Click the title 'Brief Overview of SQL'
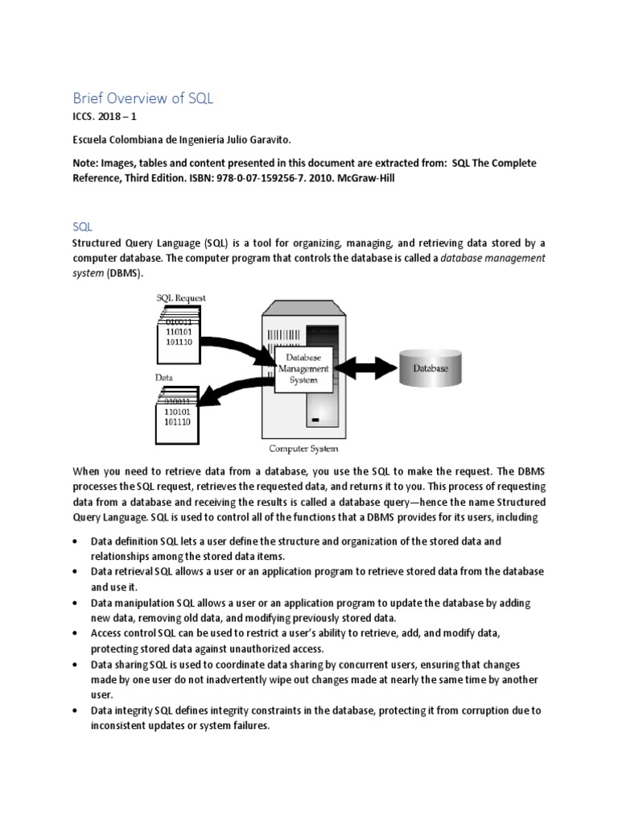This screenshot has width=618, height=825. coord(143,98)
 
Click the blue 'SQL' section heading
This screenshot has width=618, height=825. coord(83,229)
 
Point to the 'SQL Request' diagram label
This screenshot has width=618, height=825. coord(180,297)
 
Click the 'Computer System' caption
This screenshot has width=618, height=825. coord(303,449)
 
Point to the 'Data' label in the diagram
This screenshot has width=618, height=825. coord(164,376)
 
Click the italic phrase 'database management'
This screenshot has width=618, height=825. coord(490,259)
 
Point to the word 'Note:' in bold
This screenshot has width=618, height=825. coord(87,163)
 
